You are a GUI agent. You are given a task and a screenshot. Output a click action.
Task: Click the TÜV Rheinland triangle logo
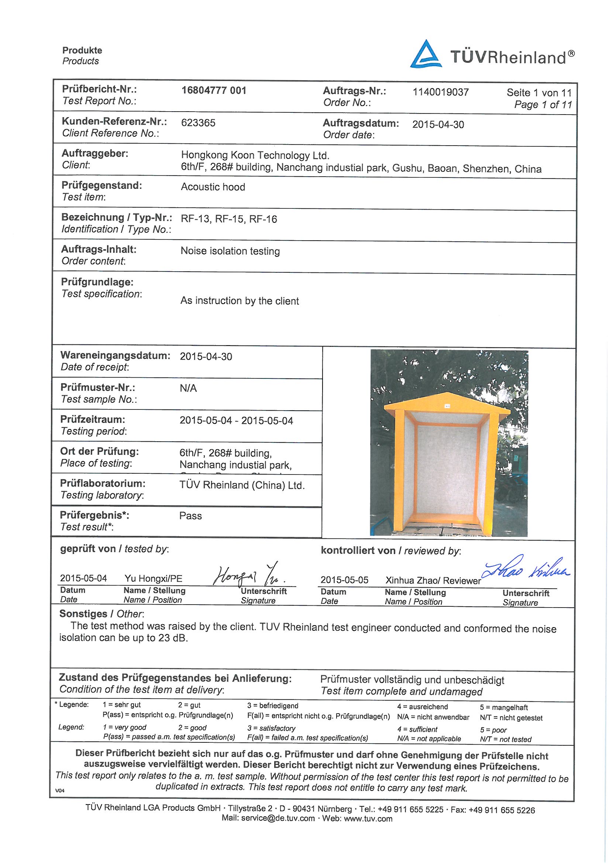tap(425, 55)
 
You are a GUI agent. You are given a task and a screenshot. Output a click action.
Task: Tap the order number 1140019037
tap(440, 92)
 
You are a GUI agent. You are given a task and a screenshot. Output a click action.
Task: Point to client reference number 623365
tap(198, 123)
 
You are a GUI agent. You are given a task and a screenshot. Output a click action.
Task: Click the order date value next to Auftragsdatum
tap(438, 125)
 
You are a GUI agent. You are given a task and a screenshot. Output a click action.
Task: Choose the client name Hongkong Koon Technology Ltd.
tap(255, 155)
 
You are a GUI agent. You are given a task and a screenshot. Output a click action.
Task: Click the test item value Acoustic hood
tap(213, 187)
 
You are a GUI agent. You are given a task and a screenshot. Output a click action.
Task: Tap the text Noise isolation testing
tap(230, 251)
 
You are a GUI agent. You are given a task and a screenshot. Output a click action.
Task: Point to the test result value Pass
tap(190, 516)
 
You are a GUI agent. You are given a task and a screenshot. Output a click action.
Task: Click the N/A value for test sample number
tap(188, 388)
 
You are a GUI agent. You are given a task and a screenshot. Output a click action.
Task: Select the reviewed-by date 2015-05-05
tap(344, 580)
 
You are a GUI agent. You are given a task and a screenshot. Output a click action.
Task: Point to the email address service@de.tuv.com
tap(278, 819)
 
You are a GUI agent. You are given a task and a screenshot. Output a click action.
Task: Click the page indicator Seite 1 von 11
tap(538, 92)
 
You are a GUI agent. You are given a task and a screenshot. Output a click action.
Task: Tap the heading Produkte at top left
tap(82, 50)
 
